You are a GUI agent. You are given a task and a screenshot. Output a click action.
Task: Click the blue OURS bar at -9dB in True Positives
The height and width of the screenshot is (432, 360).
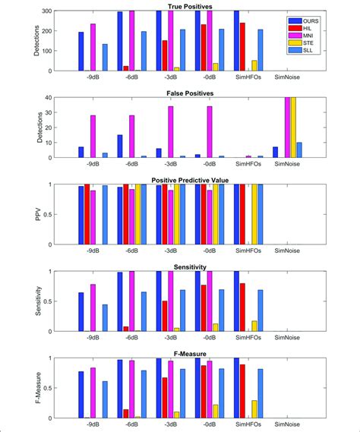(x=81, y=52)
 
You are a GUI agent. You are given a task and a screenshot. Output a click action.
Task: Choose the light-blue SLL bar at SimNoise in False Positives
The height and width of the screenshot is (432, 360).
(x=298, y=150)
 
